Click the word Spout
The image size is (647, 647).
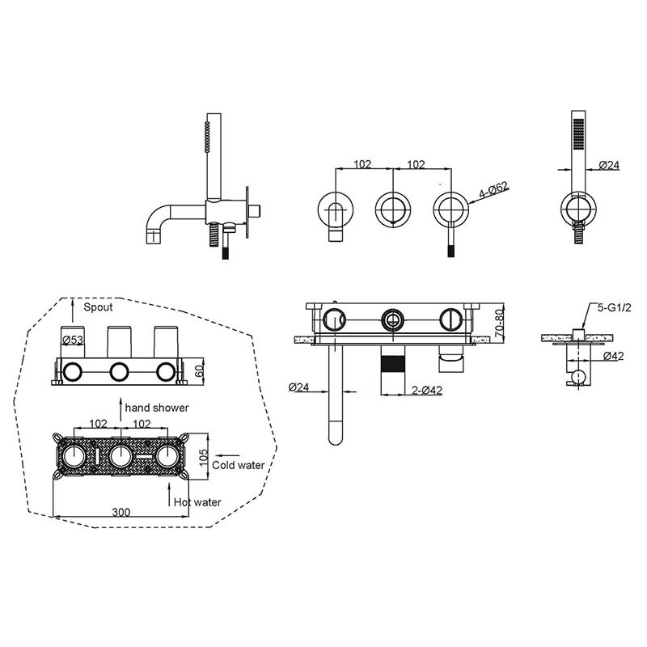(98, 307)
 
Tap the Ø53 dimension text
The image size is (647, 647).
(73, 340)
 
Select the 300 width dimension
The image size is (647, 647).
(121, 512)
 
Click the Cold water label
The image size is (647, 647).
(238, 465)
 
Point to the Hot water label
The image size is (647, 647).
(197, 502)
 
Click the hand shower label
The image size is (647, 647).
(157, 408)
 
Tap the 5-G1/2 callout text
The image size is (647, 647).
(615, 307)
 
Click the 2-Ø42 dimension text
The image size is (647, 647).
(427, 390)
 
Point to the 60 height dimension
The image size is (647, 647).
(199, 370)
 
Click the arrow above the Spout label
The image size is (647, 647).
(73, 311)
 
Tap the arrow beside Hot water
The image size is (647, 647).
(169, 494)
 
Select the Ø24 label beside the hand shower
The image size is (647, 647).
(609, 165)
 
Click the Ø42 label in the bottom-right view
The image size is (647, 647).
(613, 356)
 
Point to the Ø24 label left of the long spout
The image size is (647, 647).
(298, 387)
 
